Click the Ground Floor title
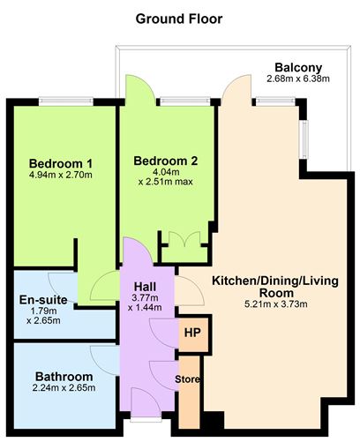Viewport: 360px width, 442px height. pyautogui.click(x=178, y=18)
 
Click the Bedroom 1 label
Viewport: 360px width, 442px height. pyautogui.click(x=61, y=163)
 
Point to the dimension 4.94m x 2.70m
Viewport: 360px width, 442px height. pyautogui.click(x=61, y=175)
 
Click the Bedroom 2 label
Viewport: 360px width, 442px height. pyautogui.click(x=165, y=161)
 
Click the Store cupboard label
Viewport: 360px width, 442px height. pyautogui.click(x=189, y=379)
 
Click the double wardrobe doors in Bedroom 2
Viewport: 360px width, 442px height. pyautogui.click(x=177, y=241)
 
